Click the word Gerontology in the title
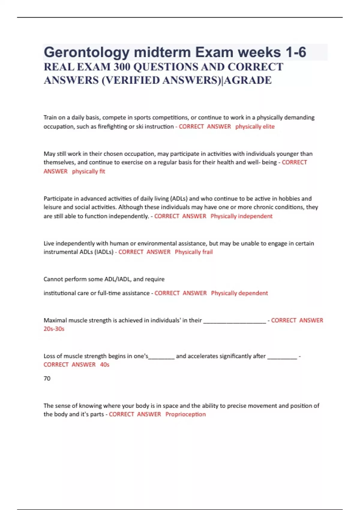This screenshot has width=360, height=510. pos(86,52)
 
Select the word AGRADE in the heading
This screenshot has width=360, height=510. pos(248,80)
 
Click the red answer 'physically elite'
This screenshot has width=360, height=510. pos(255,127)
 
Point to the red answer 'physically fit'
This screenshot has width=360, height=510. pos(88,171)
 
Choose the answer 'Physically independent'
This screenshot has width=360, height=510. pos(241,216)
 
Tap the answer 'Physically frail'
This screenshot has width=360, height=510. pos(193,252)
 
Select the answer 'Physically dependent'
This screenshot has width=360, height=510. pos(239,293)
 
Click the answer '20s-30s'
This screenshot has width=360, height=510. pos(54,329)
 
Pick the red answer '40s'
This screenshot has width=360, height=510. pos(104,364)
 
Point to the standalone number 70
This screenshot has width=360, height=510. pos(47,379)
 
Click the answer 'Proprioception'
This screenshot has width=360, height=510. pos(185,414)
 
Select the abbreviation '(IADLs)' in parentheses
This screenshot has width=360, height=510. pos(104,252)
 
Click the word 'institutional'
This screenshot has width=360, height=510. pos(60,293)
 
